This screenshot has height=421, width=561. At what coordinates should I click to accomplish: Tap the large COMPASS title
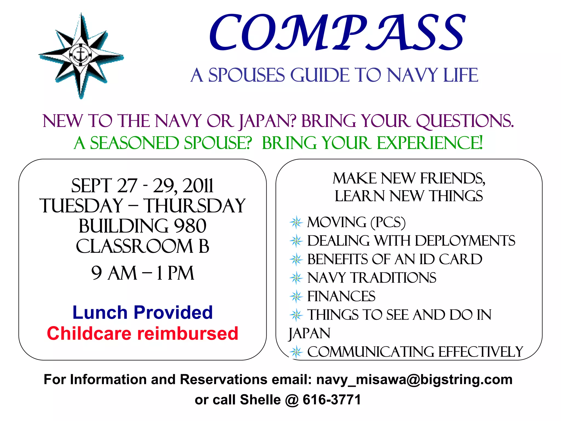337,33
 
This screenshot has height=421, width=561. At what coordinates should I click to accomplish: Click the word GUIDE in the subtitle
320,75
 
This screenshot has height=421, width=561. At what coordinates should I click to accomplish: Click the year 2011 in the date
198,186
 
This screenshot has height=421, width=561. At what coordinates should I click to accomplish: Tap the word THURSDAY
195,206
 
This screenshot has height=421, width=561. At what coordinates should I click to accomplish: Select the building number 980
190,226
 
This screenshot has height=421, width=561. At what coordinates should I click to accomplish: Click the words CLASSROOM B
142,246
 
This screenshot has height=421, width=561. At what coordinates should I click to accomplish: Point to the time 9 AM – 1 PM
143,273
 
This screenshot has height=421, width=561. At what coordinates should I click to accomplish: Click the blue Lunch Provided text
143,312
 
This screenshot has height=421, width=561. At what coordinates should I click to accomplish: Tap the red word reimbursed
188,334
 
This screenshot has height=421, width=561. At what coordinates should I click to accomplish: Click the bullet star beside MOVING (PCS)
296,222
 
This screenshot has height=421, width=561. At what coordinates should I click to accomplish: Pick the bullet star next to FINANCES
296,297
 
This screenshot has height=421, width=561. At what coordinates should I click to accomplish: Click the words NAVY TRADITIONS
372,278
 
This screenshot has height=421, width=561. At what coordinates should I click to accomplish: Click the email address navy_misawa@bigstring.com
414,380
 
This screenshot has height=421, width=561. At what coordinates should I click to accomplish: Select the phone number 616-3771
332,400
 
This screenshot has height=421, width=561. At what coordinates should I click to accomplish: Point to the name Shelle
260,400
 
